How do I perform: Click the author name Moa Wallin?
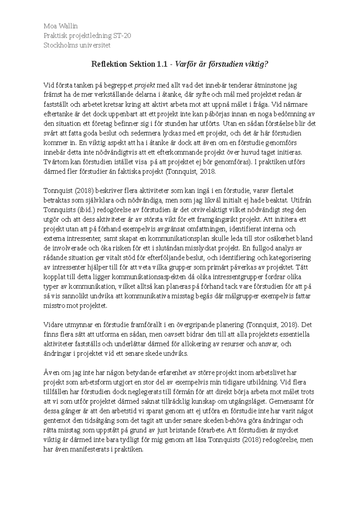click(61, 26)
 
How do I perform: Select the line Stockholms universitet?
click(77, 45)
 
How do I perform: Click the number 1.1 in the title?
click(161, 64)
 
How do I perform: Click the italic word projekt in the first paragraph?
click(144, 85)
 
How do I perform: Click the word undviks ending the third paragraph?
click(178, 353)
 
